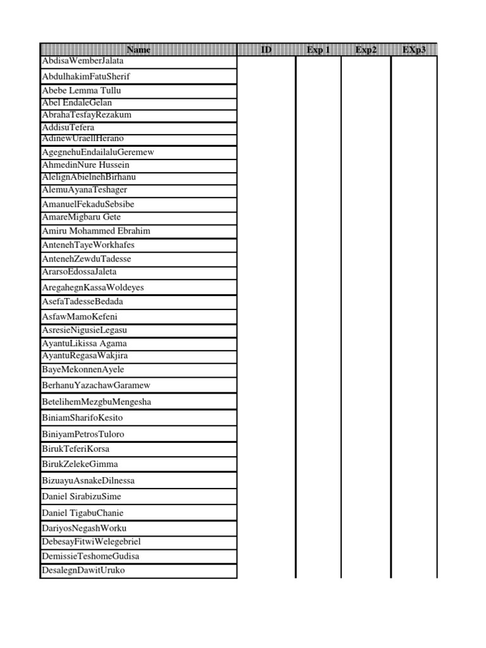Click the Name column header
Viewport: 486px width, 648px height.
(139, 49)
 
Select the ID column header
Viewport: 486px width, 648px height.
(266, 49)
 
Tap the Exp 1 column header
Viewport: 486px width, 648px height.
(318, 49)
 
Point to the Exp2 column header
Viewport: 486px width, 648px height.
(366, 49)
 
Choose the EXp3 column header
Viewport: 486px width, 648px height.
(414, 49)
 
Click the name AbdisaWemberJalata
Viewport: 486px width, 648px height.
(83, 61)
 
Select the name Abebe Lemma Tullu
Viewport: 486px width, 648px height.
(81, 90)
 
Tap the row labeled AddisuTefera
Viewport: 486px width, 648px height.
(68, 127)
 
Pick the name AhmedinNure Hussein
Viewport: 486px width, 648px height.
(85, 165)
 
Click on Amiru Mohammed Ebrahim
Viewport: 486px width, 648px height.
(96, 231)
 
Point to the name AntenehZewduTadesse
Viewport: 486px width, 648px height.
(87, 259)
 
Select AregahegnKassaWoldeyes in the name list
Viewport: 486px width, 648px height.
(93, 287)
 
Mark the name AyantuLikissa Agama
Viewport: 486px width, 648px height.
(84, 344)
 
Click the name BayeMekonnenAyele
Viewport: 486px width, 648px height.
(83, 370)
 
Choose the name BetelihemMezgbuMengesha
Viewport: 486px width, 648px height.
(96, 402)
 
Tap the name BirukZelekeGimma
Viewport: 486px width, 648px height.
(80, 464)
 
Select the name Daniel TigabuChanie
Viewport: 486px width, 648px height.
(83, 513)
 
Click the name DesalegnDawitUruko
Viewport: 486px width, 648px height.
(84, 570)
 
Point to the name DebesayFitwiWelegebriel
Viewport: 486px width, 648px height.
(91, 542)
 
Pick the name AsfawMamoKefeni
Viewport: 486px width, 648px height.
(80, 316)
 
